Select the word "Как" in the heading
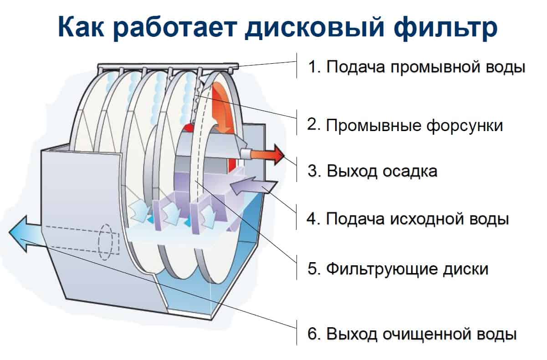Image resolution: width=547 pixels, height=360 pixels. [81, 27]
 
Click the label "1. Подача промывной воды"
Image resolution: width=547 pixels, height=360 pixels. [417, 66]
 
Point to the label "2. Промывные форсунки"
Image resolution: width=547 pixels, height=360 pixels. [405, 126]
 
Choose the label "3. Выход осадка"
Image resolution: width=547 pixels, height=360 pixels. [373, 171]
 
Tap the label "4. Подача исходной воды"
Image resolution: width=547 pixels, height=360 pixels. [408, 218]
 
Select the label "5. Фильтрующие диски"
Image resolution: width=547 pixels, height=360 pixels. [398, 269]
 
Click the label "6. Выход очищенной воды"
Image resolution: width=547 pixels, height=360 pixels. [412, 334]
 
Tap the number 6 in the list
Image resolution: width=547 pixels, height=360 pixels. [312, 334]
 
